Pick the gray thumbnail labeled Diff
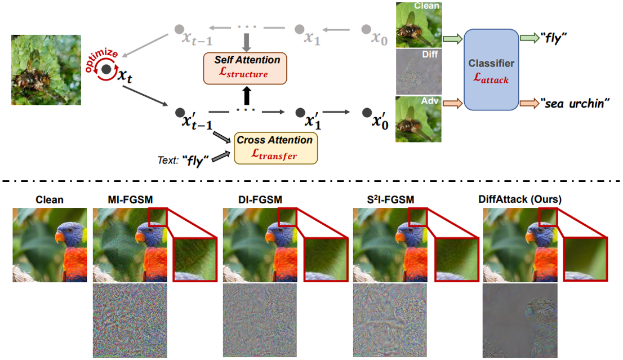coord(418,71)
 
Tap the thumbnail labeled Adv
coord(418,119)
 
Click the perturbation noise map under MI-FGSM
coord(130,321)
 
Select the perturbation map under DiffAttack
coord(520,321)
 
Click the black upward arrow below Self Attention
coord(246,92)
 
